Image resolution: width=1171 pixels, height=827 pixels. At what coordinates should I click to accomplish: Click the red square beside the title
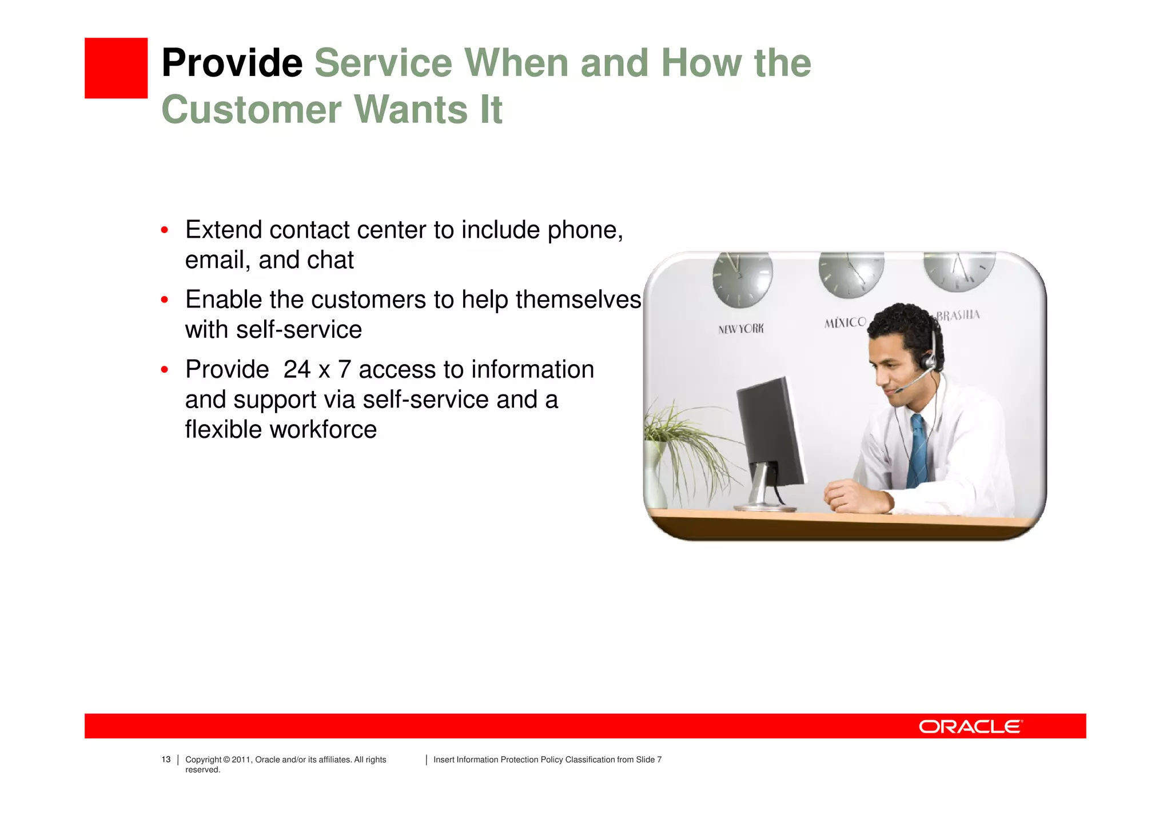click(x=116, y=68)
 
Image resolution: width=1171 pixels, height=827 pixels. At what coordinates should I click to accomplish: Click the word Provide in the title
click(x=232, y=63)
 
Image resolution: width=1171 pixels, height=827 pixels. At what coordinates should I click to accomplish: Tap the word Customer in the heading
click(x=250, y=109)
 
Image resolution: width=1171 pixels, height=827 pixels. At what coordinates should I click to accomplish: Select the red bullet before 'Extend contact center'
click(x=165, y=230)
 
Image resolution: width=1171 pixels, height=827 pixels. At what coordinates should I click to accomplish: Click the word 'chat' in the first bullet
click(x=333, y=260)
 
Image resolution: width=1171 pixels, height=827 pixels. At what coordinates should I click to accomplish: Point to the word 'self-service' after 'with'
click(x=298, y=330)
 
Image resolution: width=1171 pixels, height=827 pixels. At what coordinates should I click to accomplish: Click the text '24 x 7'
click(x=317, y=370)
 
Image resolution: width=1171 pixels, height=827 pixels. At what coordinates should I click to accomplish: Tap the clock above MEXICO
click(x=851, y=273)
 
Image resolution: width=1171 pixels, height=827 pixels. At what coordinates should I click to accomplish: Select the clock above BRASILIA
click(x=959, y=270)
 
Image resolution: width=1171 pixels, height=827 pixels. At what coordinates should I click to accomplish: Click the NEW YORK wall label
click(x=740, y=329)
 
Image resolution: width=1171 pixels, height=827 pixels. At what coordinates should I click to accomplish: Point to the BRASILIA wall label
click(x=958, y=315)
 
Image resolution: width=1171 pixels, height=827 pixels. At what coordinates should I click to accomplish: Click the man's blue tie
click(x=919, y=452)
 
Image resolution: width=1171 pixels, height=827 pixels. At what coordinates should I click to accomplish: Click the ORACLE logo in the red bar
click(x=970, y=726)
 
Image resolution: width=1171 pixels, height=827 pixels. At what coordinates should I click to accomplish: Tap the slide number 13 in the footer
click(x=166, y=760)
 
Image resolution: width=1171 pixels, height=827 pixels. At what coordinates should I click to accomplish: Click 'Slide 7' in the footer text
click(x=648, y=760)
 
